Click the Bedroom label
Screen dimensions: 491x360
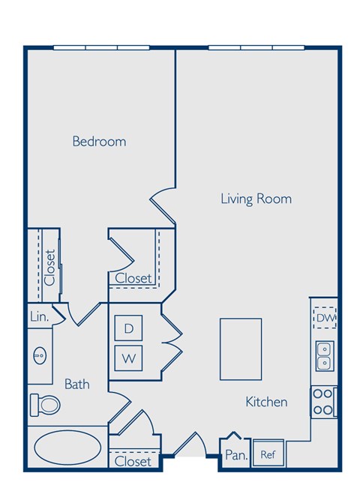[99, 141]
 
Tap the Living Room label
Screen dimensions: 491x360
[256, 199]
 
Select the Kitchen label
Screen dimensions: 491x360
[266, 402]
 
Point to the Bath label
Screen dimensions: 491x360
[76, 384]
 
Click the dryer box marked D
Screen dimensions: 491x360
[128, 328]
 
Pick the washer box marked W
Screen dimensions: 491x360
[128, 358]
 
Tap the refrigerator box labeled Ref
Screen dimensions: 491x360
[267, 453]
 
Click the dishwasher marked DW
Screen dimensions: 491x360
[324, 319]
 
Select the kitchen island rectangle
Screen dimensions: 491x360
[241, 349]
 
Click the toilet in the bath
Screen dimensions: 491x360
[46, 405]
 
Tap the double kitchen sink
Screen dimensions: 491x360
[325, 355]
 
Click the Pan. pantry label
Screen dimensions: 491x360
[235, 454]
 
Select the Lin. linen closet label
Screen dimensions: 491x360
[39, 317]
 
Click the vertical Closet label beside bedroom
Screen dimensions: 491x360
[49, 267]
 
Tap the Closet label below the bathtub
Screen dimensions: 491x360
[133, 461]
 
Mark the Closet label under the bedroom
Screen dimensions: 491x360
[133, 278]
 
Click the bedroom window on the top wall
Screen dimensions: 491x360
[101, 48]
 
